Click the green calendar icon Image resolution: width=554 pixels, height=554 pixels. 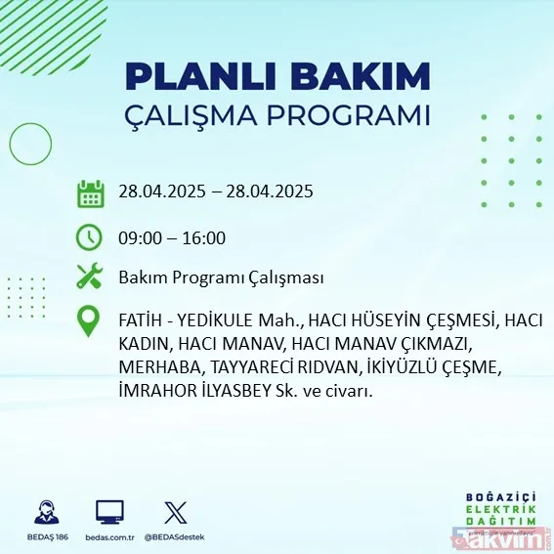pyautogui.click(x=91, y=192)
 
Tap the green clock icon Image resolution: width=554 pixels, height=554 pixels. pyautogui.click(x=90, y=237)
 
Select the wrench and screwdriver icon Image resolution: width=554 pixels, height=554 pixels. pyautogui.click(x=90, y=277)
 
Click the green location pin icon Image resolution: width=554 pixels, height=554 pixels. pyautogui.click(x=90, y=321)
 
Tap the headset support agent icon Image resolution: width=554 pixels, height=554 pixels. pyautogui.click(x=45, y=512)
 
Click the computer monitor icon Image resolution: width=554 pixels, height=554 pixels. pyautogui.click(x=109, y=512)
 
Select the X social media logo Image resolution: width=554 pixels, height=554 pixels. pyautogui.click(x=175, y=512)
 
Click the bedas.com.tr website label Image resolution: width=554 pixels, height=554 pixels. pyautogui.click(x=109, y=537)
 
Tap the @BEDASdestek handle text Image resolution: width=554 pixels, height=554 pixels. pyautogui.click(x=176, y=537)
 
